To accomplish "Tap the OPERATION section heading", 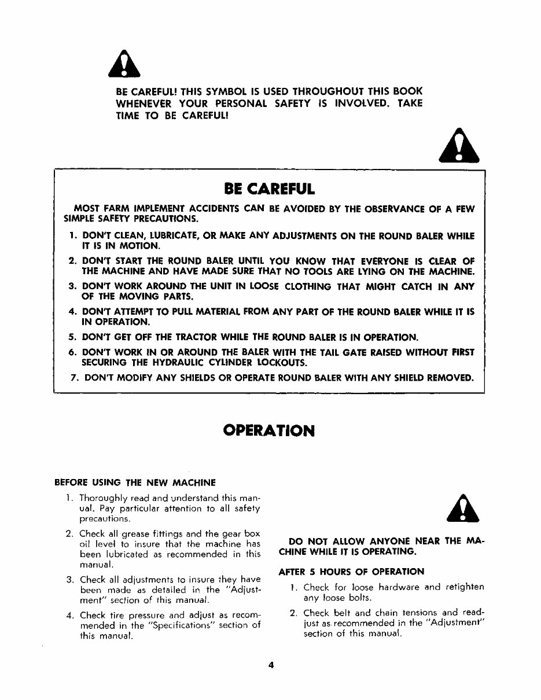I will tap(269, 431).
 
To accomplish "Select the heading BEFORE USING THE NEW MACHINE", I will tap(135, 482).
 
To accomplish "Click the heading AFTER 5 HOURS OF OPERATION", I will tap(351, 572).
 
